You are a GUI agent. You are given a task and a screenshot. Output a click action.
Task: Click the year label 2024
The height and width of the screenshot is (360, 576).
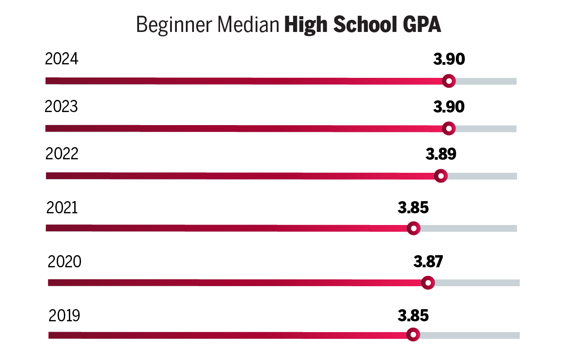point(62,59)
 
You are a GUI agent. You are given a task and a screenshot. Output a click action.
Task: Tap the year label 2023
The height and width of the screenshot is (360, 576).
point(61,107)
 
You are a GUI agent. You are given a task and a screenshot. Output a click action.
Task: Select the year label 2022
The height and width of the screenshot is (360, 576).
point(62,154)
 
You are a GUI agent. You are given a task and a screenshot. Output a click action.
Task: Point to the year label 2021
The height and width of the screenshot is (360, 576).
point(62,207)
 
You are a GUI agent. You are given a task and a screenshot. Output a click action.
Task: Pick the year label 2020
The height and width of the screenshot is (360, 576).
point(64,261)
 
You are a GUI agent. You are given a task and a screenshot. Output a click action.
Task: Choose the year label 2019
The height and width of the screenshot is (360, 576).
point(64,315)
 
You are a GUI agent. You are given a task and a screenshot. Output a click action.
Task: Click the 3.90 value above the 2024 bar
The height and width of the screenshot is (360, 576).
point(449,59)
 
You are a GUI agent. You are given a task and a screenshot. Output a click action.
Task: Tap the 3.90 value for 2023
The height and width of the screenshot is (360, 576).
point(449,107)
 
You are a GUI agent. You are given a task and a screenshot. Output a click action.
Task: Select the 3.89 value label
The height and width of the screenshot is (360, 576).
point(441,154)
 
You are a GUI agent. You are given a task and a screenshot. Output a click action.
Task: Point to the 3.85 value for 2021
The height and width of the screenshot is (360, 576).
point(413,207)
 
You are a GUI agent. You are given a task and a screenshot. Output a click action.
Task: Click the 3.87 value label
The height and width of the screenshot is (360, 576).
point(428,261)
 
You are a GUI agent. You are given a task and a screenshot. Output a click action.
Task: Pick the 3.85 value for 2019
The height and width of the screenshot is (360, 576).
point(413,315)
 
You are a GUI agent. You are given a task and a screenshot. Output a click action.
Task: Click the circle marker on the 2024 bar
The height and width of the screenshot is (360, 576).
point(449,81)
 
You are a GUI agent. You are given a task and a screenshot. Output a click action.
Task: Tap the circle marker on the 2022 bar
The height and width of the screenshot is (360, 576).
point(441,176)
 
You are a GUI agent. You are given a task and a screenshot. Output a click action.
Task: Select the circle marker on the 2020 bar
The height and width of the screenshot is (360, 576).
point(428,283)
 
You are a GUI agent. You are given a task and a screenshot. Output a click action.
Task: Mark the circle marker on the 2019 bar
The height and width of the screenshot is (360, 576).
point(413,335)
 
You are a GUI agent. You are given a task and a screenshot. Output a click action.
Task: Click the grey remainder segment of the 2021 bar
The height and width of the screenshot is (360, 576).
point(468,228)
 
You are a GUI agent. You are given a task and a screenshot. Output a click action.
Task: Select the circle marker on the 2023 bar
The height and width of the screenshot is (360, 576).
point(449,128)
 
